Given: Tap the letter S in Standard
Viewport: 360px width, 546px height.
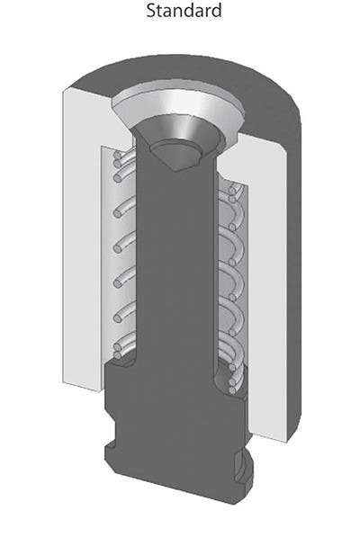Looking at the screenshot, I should (x=149, y=12).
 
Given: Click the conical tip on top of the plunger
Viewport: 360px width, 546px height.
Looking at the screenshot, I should (x=177, y=154).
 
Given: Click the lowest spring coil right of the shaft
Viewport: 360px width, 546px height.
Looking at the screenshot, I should (x=232, y=378).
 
